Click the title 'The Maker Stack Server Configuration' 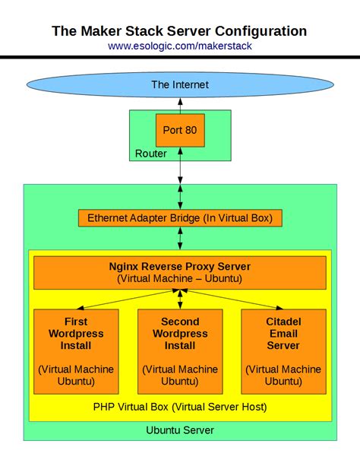click(x=180, y=31)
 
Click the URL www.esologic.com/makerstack click(x=180, y=46)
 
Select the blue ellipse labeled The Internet click(x=180, y=84)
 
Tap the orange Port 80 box click(x=180, y=130)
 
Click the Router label click(x=151, y=154)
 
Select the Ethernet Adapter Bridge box click(x=180, y=218)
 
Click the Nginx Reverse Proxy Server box click(x=180, y=272)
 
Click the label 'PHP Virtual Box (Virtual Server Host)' click(x=180, y=407)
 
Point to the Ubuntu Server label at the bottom click(x=180, y=430)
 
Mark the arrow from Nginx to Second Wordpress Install click(x=180, y=299)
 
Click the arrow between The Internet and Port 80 click(x=180, y=106)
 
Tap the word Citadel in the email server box click(x=283, y=322)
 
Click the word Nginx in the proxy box click(x=125, y=267)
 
